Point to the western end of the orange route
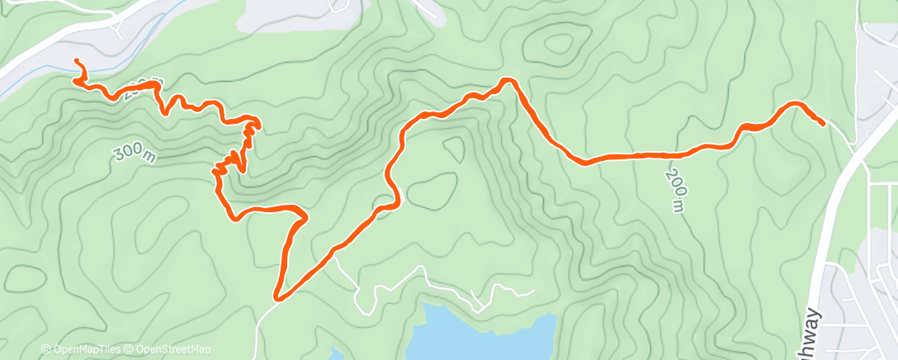pyautogui.click(x=77, y=62)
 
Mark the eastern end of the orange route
pyautogui.click(x=823, y=123)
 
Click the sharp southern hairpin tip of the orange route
pyautogui.click(x=278, y=296)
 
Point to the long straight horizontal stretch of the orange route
pyautogui.click(x=636, y=155)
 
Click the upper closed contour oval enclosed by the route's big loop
pyautogui.click(x=453, y=149)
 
